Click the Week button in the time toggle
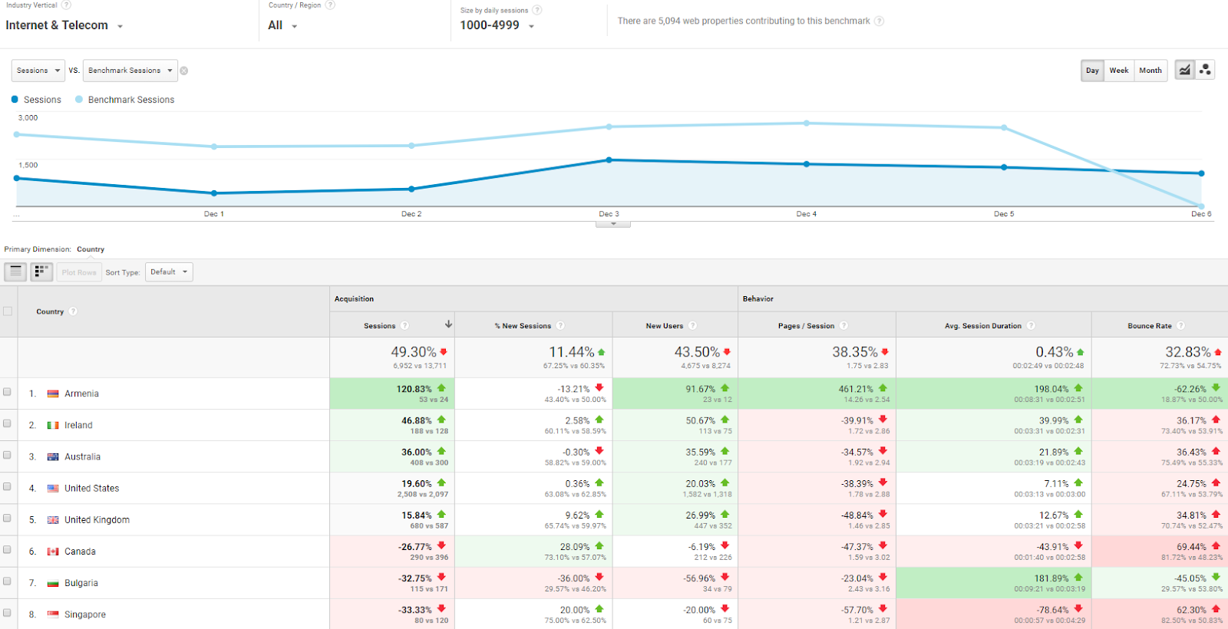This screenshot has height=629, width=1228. pyautogui.click(x=1118, y=71)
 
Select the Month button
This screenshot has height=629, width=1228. pyautogui.click(x=1150, y=71)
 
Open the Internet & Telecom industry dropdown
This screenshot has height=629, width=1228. pyautogui.click(x=64, y=25)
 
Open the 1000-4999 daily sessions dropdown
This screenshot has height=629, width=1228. pyautogui.click(x=497, y=25)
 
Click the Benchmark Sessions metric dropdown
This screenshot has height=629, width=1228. pyautogui.click(x=130, y=71)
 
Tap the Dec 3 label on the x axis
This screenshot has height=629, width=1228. pyautogui.click(x=609, y=214)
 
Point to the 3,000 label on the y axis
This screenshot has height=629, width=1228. pyautogui.click(x=28, y=118)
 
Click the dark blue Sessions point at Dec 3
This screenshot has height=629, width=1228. pyautogui.click(x=609, y=160)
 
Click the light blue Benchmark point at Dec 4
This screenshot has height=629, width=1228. pyautogui.click(x=807, y=123)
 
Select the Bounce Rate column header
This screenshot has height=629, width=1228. pyautogui.click(x=1149, y=326)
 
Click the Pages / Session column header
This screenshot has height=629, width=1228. pyautogui.click(x=806, y=326)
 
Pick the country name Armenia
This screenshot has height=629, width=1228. pyautogui.click(x=81, y=394)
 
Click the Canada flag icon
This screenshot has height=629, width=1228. pyautogui.click(x=53, y=552)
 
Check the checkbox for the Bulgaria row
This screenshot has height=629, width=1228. pyautogui.click(x=8, y=581)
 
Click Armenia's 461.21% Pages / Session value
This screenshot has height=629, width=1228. pyautogui.click(x=856, y=389)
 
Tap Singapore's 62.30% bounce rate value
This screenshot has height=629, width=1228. pyautogui.click(x=1191, y=610)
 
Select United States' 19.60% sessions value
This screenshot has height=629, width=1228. pyautogui.click(x=417, y=484)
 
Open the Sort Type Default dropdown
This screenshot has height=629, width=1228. pyautogui.click(x=169, y=272)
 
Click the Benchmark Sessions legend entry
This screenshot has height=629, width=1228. pyautogui.click(x=130, y=100)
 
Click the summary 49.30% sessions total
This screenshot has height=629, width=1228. pyautogui.click(x=413, y=352)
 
